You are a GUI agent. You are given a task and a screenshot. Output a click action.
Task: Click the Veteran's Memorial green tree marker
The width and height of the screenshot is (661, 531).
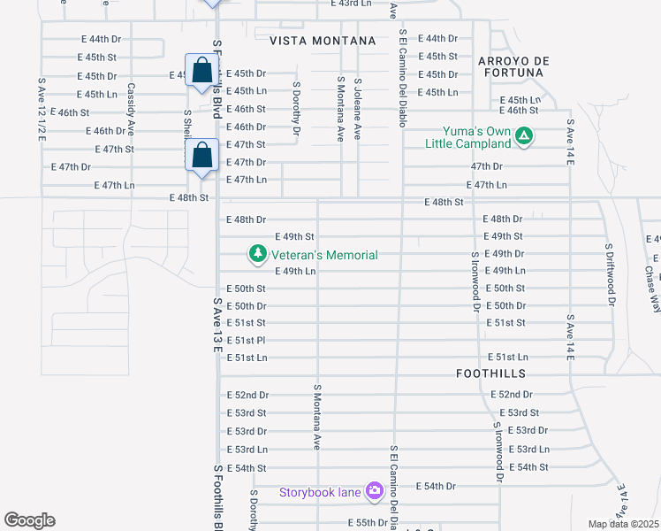pos(258,255)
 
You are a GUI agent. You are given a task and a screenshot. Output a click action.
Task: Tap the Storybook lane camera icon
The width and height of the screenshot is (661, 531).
pos(375,490)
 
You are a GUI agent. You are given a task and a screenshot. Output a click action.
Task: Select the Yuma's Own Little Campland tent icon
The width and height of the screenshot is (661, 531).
pos(524,136)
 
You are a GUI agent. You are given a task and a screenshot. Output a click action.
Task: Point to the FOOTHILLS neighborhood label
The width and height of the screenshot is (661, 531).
pos(490,373)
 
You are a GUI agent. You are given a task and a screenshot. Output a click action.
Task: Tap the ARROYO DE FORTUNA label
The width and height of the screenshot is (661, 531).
pos(514,67)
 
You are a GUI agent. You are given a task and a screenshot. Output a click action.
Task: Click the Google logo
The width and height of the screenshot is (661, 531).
pos(29,520)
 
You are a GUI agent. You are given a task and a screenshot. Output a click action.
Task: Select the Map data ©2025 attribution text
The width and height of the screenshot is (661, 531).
pos(623,524)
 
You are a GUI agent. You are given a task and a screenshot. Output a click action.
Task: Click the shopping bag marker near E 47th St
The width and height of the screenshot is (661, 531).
pos(203,156)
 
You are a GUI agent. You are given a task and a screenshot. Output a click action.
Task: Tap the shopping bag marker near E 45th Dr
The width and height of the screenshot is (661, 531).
pos(201,72)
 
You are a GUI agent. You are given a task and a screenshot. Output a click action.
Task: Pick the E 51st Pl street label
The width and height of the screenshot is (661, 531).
pos(247,340)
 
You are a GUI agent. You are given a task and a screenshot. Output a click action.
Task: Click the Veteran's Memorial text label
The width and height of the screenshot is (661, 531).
pos(326,255)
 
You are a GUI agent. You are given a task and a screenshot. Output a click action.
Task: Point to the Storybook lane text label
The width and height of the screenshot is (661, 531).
pos(322,492)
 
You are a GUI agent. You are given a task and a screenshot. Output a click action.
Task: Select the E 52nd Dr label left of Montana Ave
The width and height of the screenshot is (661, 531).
pos(247,395)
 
